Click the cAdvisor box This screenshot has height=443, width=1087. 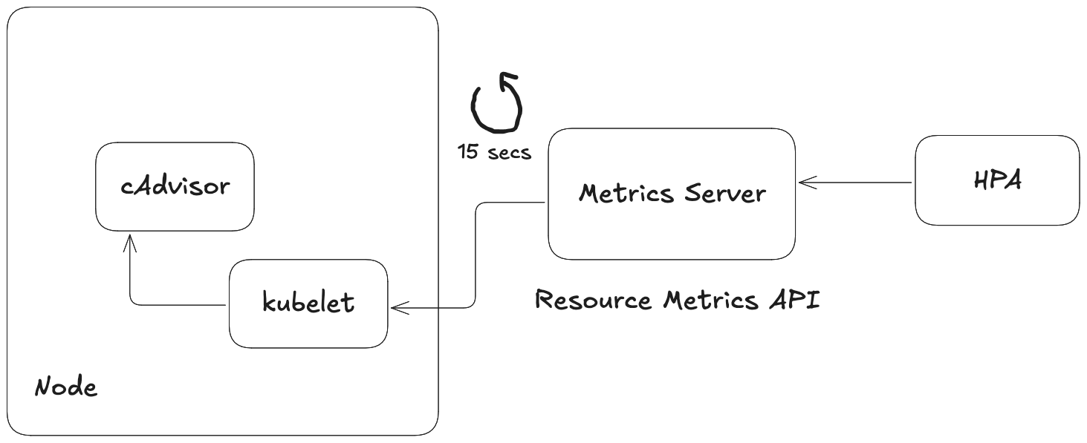[x=175, y=186]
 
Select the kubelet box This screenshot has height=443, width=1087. [x=308, y=303]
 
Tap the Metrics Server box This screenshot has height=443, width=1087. [x=672, y=194]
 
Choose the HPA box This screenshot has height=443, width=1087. [x=996, y=180]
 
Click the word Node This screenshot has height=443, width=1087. [x=66, y=387]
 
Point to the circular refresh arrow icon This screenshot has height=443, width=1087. [x=496, y=105]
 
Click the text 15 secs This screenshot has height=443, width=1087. [x=494, y=152]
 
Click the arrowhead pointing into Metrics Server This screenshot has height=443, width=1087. [x=805, y=182]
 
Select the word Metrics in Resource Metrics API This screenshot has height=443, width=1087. [x=710, y=301]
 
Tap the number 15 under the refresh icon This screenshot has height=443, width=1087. [x=467, y=152]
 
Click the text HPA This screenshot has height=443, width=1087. [x=996, y=180]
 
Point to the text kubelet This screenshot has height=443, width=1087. [x=308, y=303]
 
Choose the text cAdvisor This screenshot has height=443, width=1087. [x=175, y=186]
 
